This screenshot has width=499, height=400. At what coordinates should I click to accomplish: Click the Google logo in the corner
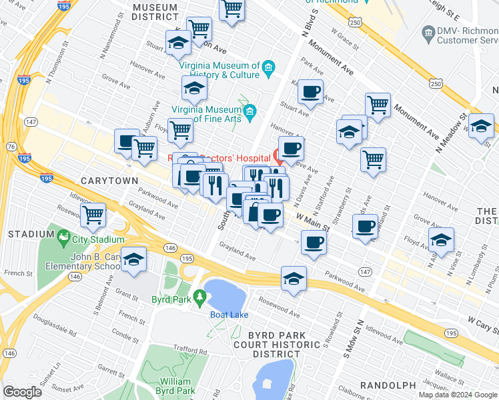[x=23, y=392]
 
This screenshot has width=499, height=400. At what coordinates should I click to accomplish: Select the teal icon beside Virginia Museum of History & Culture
[x=268, y=67]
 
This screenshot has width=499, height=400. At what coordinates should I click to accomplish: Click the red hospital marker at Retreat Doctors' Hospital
[x=279, y=157]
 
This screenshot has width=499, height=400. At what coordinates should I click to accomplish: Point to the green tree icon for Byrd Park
[x=198, y=295]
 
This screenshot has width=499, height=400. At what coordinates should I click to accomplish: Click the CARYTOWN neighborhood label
[x=109, y=181]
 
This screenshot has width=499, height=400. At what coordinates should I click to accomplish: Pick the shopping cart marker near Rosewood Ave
[x=93, y=215]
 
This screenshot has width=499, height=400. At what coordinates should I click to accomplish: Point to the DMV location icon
[x=428, y=31]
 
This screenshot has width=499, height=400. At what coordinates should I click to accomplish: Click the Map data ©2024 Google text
[x=458, y=395]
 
